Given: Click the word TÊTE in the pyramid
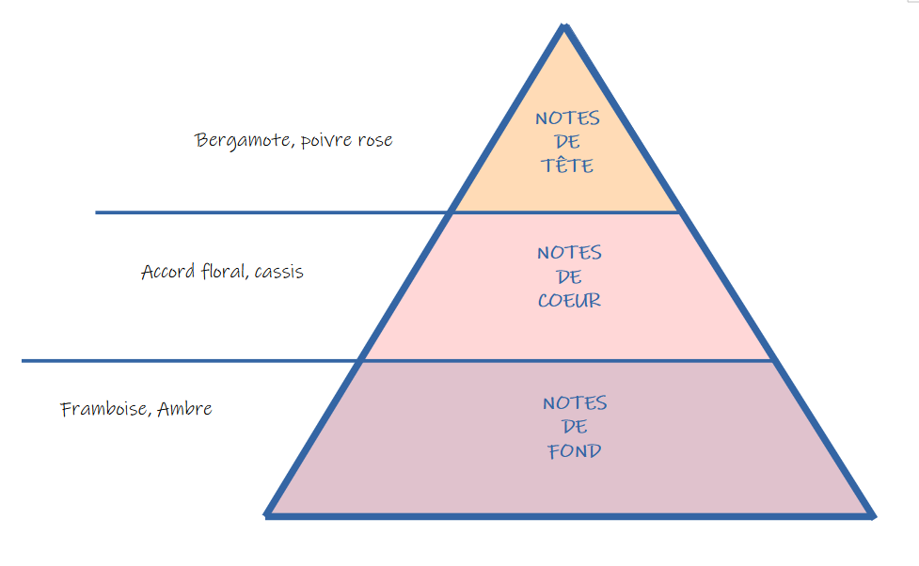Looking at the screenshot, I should (x=567, y=165).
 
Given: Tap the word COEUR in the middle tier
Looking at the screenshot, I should (x=569, y=301).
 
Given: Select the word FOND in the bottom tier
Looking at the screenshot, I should (x=575, y=450).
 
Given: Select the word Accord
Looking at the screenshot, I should (x=169, y=272).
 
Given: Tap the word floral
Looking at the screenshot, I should (x=225, y=272).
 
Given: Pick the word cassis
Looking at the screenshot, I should (x=279, y=273).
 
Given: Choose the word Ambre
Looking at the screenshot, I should (x=185, y=409).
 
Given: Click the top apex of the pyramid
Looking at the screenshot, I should (x=564, y=27).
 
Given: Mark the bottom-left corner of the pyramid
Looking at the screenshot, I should (x=268, y=514).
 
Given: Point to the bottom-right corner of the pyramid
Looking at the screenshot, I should (x=873, y=515).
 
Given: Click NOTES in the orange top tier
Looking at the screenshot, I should (x=567, y=118).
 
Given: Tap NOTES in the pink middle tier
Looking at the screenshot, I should (x=569, y=253).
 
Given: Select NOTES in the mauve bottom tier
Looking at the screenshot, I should (x=575, y=403).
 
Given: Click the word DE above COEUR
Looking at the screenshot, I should (x=569, y=277).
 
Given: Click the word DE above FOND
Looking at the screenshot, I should (x=575, y=427).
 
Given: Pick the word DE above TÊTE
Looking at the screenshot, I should (x=567, y=142).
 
